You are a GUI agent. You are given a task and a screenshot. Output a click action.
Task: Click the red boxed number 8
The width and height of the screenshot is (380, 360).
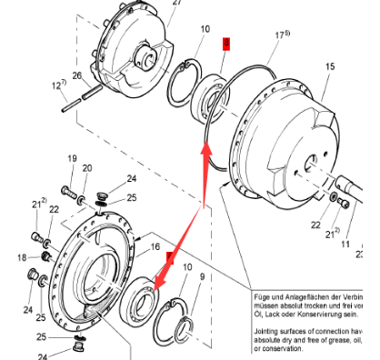[x=227, y=43]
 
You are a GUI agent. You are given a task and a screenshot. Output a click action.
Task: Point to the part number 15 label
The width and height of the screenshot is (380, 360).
[x=330, y=66]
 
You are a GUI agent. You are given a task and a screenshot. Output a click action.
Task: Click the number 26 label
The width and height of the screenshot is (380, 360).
[x=77, y=75]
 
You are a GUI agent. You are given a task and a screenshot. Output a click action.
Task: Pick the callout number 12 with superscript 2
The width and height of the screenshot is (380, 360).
[x=59, y=85]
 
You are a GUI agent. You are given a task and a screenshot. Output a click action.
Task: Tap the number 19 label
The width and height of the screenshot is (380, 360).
[x=71, y=159]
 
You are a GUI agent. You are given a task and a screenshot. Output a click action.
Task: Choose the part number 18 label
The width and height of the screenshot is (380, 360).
[x=22, y=258]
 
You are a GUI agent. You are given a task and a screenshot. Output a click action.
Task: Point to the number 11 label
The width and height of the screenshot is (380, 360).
[x=345, y=244]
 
